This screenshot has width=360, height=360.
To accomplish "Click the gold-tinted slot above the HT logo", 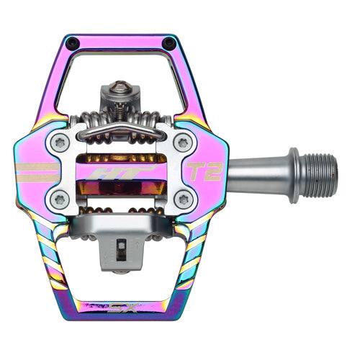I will (x=119, y=157).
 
